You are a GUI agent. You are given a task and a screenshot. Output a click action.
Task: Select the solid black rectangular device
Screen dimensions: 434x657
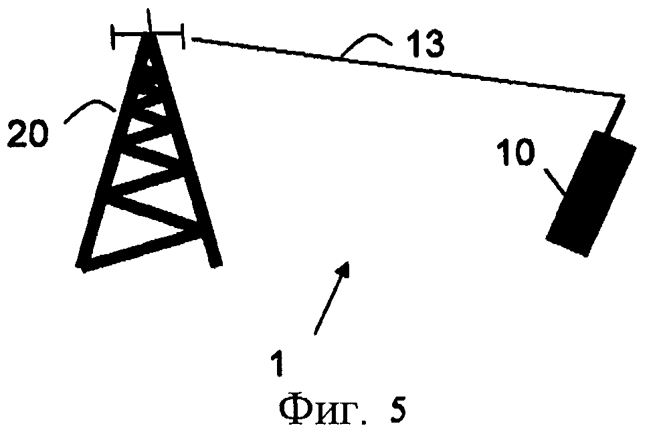click(590, 194)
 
